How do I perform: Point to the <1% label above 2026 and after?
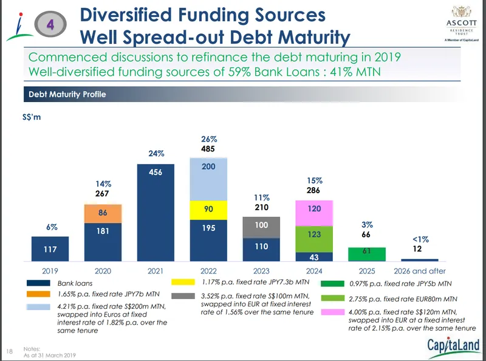click(x=420, y=239)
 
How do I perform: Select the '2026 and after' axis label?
click(x=420, y=270)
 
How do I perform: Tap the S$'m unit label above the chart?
click(x=31, y=117)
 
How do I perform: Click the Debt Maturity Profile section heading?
click(x=67, y=94)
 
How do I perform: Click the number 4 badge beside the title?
click(x=52, y=22)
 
